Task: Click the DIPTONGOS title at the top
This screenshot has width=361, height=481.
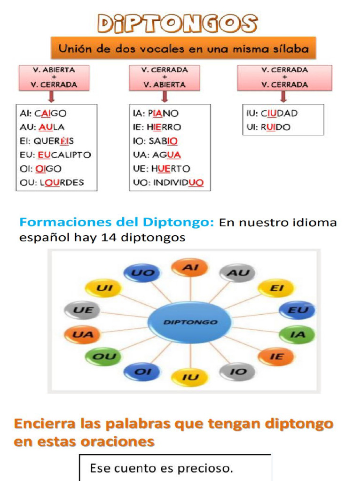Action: point(177,23)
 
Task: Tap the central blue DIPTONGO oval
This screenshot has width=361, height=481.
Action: point(190,322)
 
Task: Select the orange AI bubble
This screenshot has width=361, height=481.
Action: point(190,268)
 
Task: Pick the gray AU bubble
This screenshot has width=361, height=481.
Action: point(237,273)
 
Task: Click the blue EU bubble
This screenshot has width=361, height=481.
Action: point(297,310)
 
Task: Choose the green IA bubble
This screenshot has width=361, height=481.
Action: point(297,334)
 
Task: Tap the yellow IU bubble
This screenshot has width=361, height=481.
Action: point(189,377)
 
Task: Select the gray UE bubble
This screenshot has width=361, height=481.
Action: point(83,310)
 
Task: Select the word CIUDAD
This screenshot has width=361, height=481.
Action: point(279,113)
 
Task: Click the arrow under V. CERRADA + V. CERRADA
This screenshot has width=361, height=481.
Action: point(283,96)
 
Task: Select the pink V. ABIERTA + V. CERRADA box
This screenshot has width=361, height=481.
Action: point(54,78)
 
